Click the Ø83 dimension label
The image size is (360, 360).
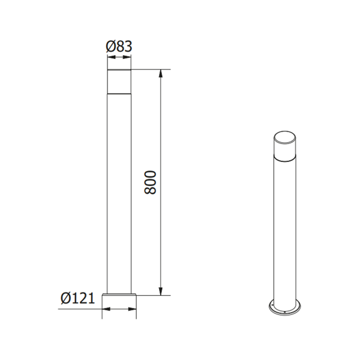119,46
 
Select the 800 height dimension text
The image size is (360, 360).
151,182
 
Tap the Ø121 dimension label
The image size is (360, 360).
78,298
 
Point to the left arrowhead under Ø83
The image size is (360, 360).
112,57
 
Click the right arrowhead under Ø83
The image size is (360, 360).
127,57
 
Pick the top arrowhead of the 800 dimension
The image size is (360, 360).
161,73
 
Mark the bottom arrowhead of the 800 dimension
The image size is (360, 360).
161,291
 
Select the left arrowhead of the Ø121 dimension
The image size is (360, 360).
106,309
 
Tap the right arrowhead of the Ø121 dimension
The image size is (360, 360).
132,309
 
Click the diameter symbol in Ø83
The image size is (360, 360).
110,46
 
